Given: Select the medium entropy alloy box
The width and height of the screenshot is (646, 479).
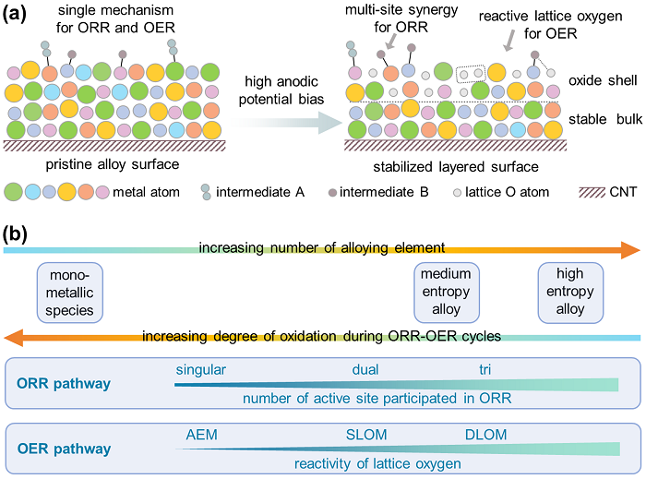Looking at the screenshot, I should pos(446,293).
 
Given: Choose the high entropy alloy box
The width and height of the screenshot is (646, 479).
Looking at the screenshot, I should pos(570,293).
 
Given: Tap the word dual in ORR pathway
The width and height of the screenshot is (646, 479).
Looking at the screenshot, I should pos(366,370).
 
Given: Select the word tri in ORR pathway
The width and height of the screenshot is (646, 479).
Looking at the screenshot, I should pos(484,370).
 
